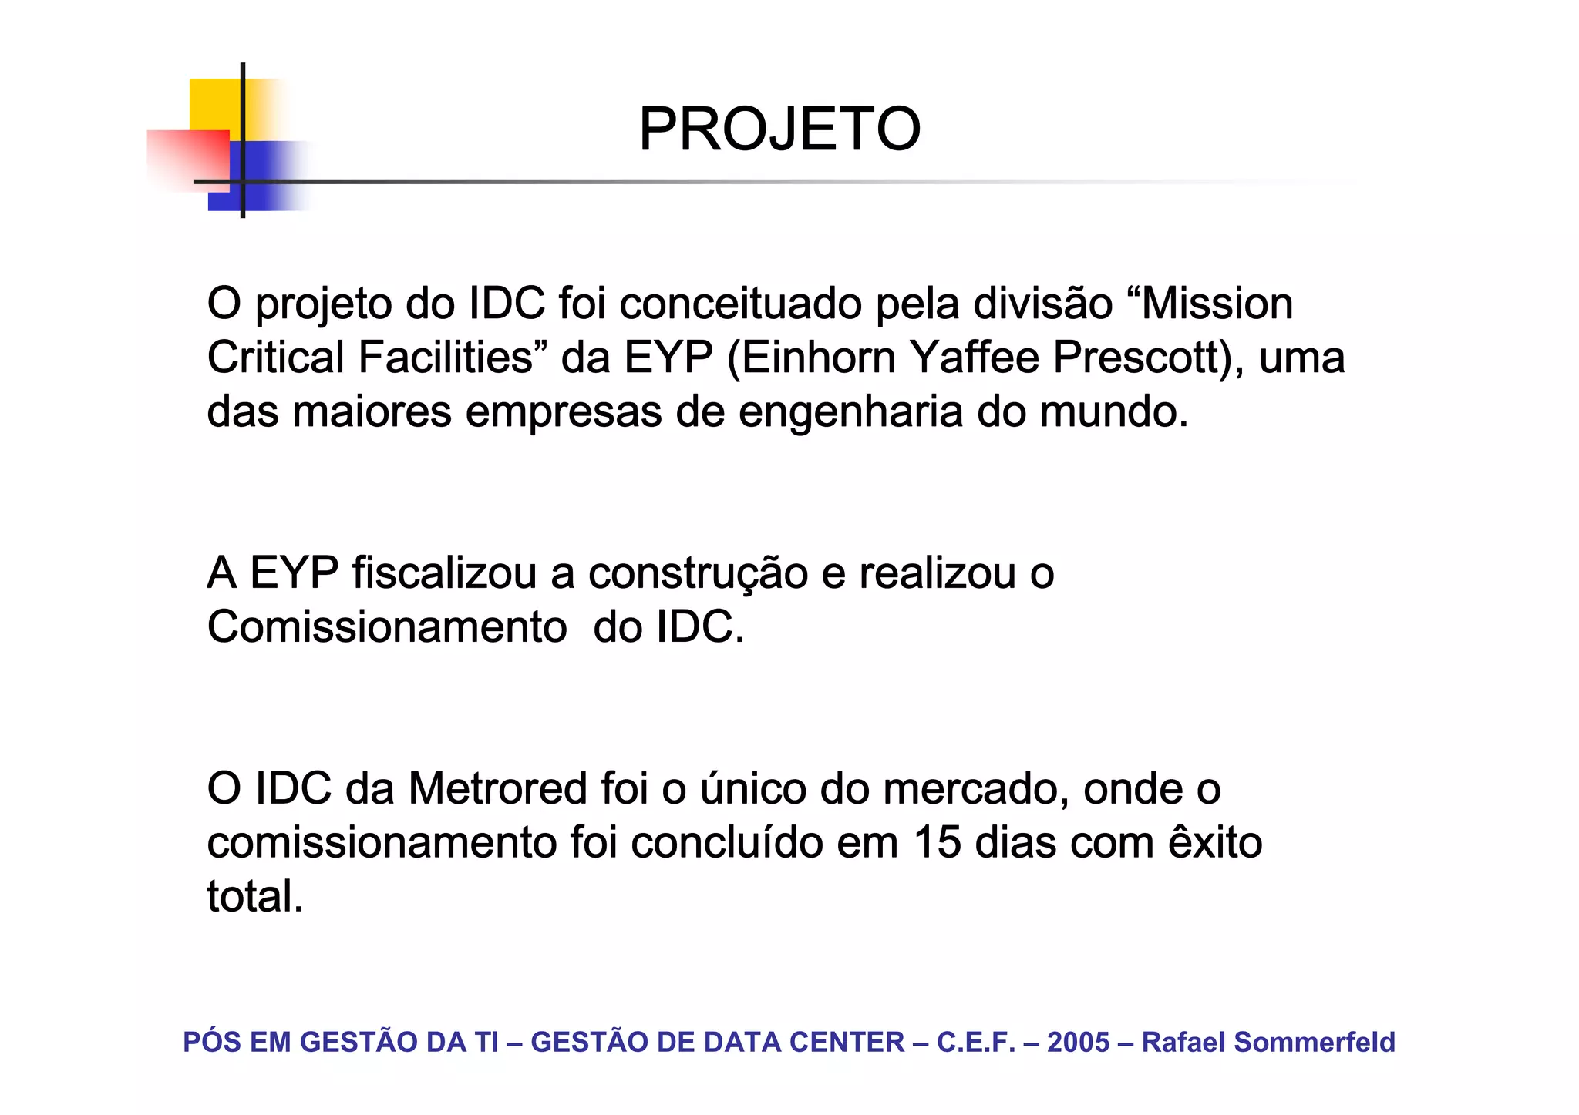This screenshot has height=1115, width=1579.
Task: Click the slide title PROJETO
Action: pyautogui.click(x=779, y=129)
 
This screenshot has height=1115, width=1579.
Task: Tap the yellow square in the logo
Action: pyautogui.click(x=216, y=104)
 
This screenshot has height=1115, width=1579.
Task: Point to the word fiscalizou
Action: pyautogui.click(x=444, y=573)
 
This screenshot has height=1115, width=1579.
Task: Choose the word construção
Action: pyautogui.click(x=698, y=575)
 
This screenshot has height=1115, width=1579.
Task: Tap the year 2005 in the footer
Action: pyautogui.click(x=1078, y=1043)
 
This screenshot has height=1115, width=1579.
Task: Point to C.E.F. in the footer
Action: pyautogui.click(x=975, y=1043)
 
